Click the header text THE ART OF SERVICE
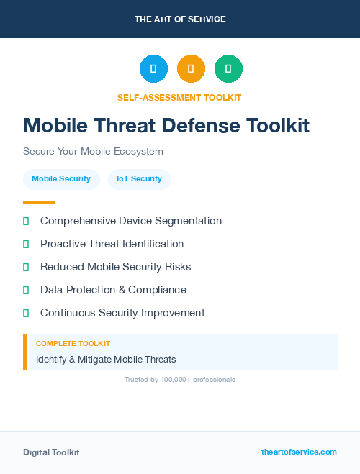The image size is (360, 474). coord(180,19)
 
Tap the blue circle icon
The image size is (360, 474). coord(153,68)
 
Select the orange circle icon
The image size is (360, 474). coord(191,68)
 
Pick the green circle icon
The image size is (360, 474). coord(228,68)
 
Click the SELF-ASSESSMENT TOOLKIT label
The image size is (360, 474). coord(180,97)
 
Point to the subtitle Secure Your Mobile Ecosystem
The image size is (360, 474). coord(93,152)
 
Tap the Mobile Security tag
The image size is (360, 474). coord(61,178)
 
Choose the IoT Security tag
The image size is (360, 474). coord(139,178)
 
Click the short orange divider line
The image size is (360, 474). coord(39,202)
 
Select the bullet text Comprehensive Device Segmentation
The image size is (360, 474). coord(131,221)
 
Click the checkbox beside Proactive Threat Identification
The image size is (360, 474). coord(26,244)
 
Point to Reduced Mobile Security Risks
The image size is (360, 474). coord(116,267)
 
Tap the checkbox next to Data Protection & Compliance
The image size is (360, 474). coord(26,290)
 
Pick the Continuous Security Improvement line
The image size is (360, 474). coord(122,313)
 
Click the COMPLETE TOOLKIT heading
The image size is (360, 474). coord(73,344)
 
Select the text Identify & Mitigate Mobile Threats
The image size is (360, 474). coord(106,359)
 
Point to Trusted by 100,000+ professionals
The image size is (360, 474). coord(180,379)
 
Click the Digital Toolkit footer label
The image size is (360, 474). coord(51,452)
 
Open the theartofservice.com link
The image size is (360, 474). coord(299,452)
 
